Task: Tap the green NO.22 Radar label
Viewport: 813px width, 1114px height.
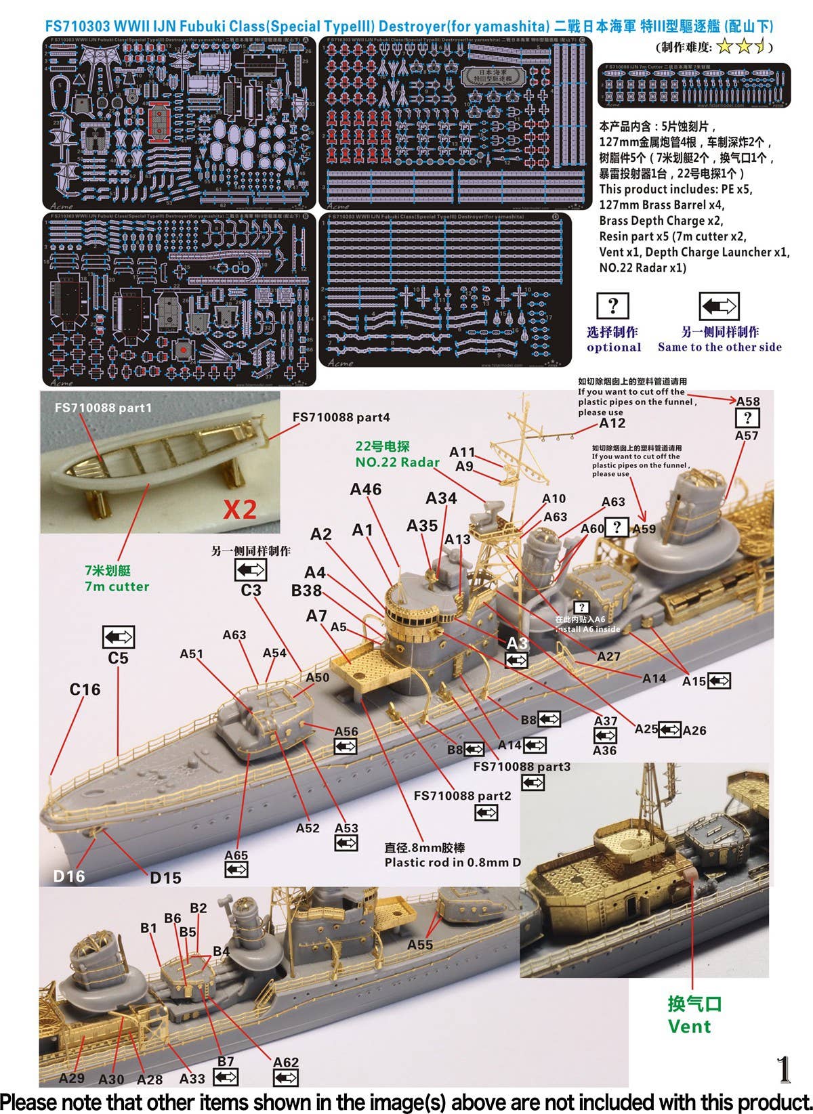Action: click(x=397, y=462)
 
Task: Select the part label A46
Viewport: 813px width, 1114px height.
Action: click(x=366, y=489)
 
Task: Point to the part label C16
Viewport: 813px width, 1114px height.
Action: click(x=85, y=689)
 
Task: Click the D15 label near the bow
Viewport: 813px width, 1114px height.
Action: click(x=165, y=878)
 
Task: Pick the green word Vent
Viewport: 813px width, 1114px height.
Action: click(x=689, y=1026)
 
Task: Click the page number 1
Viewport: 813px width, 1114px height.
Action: click(x=783, y=1070)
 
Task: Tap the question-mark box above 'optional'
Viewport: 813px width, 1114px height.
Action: click(x=612, y=306)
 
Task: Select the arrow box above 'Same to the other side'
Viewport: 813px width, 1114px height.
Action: click(x=718, y=306)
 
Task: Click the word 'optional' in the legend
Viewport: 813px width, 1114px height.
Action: click(x=614, y=347)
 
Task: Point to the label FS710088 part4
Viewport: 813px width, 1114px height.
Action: click(x=341, y=417)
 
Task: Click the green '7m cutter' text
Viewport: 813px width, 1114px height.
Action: click(x=117, y=586)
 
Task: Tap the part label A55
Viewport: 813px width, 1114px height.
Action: click(x=420, y=944)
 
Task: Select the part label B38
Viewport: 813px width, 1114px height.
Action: click(x=306, y=591)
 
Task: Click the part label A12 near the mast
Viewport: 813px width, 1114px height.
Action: click(x=612, y=423)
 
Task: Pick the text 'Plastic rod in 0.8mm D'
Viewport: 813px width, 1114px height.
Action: click(x=453, y=862)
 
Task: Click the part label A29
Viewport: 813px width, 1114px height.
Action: click(x=72, y=1078)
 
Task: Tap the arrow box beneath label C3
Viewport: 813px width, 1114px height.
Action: click(x=250, y=570)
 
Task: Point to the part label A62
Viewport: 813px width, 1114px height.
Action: click(x=285, y=1063)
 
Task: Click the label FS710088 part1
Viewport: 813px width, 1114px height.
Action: click(x=103, y=408)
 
